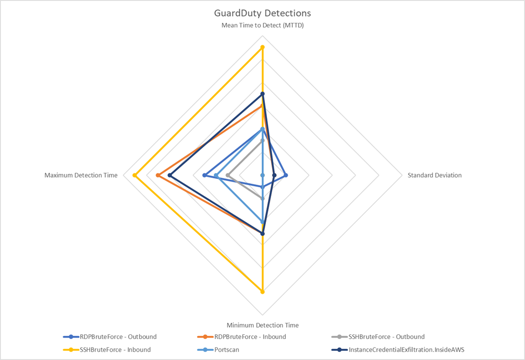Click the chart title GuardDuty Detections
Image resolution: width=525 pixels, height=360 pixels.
[x=262, y=13]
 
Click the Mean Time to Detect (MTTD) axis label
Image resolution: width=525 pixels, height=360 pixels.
[x=262, y=25]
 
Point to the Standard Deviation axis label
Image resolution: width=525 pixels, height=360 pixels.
[x=434, y=175]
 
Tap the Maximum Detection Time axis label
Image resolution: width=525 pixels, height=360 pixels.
[x=81, y=175]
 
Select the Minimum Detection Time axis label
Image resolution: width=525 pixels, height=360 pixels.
[x=262, y=325]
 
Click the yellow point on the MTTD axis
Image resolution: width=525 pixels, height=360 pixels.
[x=262, y=47]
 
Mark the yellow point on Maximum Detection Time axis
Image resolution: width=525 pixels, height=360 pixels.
[x=135, y=175]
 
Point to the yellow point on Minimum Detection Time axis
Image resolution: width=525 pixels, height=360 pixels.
[x=262, y=292]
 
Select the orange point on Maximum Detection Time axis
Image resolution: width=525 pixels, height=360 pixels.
[x=158, y=175]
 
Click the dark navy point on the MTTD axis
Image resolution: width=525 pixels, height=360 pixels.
[x=262, y=94]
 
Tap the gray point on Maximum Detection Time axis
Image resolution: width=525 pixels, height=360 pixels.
[x=227, y=175]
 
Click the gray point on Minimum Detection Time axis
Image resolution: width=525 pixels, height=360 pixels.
[x=262, y=198]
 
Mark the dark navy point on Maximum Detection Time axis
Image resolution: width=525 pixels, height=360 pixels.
[x=169, y=175]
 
